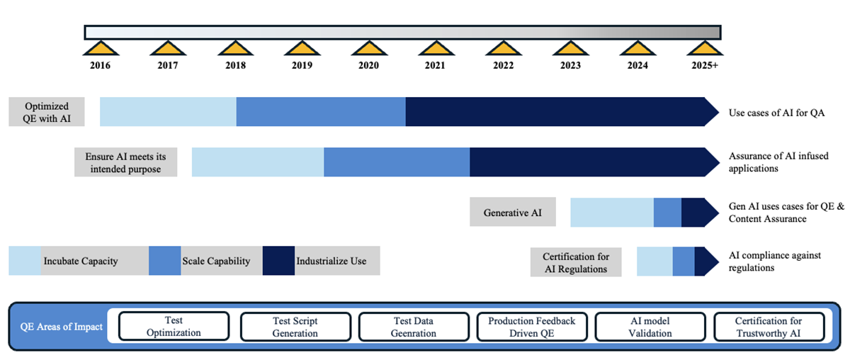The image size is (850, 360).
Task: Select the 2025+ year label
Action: click(x=705, y=65)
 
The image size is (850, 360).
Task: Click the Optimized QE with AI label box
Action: click(x=47, y=112)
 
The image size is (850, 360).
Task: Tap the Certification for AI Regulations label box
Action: click(x=575, y=263)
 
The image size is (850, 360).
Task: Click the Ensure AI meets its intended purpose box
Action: click(x=125, y=162)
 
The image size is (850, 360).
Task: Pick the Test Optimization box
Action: click(x=174, y=327)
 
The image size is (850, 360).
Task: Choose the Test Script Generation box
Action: click(x=295, y=327)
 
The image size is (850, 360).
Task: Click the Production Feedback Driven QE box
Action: click(x=532, y=327)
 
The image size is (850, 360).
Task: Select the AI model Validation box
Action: click(x=650, y=327)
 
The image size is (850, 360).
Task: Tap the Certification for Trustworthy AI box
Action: click(x=769, y=327)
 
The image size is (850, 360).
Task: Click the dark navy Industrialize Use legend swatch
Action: click(x=278, y=261)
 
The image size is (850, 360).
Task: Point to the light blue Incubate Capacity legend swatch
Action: click(x=25, y=261)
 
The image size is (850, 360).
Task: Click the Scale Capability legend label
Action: click(x=216, y=261)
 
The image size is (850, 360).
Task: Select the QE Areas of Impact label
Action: click(x=60, y=327)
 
